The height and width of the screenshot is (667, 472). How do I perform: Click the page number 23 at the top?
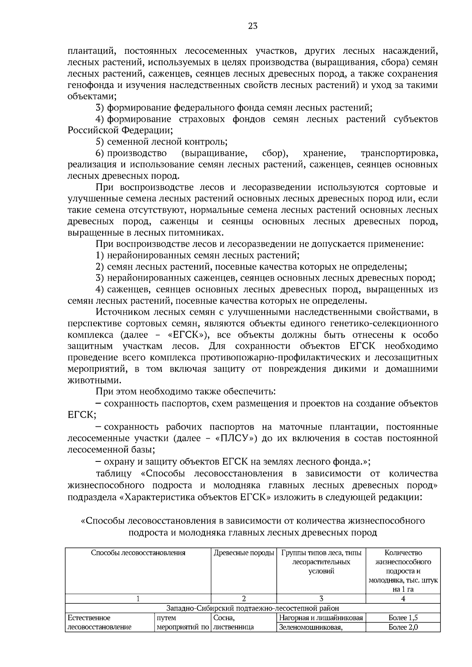[x=253, y=26]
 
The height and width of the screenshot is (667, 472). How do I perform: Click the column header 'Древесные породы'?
[x=243, y=553]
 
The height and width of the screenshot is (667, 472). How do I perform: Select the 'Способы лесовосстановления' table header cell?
[x=138, y=553]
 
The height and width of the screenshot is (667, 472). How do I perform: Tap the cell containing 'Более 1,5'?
[x=403, y=617]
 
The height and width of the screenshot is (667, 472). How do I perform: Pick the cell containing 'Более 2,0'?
[x=403, y=627]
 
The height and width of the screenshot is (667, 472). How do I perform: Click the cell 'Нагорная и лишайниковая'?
[x=321, y=617]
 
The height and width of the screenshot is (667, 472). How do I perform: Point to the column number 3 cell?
[x=321, y=599]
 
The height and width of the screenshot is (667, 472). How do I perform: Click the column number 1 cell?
[x=138, y=599]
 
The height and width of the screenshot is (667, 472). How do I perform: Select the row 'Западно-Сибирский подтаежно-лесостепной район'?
[x=253, y=608]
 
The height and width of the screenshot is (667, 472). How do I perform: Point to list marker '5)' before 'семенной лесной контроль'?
[x=100, y=141]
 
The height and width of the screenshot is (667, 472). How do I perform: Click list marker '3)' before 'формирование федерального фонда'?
[x=100, y=107]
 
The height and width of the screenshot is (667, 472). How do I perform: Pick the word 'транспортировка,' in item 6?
[x=399, y=153]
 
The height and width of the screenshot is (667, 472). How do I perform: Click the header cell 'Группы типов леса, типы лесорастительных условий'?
[x=321, y=562]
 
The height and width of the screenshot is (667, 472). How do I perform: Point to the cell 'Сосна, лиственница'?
[x=233, y=622]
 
